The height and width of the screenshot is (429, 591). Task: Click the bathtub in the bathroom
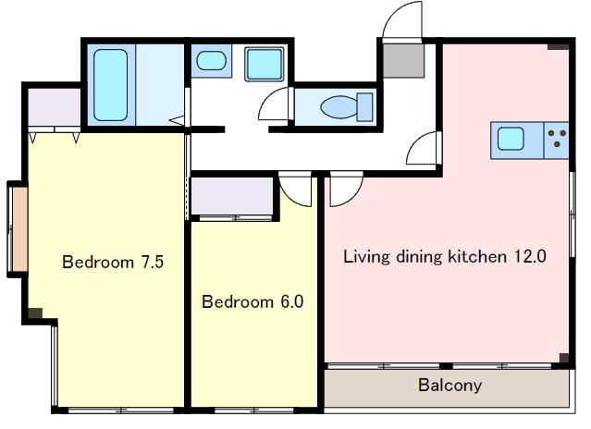110,85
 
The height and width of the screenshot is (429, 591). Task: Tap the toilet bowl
339,107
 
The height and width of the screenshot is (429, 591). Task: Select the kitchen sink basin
511,139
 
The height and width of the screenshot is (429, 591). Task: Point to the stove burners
557,139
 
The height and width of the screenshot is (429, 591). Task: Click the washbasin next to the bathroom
212,61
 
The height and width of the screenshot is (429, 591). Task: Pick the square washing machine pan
265,64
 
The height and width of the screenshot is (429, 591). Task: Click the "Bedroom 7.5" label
113,263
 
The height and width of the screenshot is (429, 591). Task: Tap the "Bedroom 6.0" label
252,301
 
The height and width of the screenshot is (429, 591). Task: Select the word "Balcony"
450,385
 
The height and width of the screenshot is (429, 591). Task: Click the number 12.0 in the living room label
530,256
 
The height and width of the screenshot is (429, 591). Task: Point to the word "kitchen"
477,256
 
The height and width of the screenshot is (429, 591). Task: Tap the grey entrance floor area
403,61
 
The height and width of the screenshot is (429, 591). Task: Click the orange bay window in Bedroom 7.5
19,229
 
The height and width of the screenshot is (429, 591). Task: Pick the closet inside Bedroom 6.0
232,196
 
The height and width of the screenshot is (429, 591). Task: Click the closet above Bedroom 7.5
55,107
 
